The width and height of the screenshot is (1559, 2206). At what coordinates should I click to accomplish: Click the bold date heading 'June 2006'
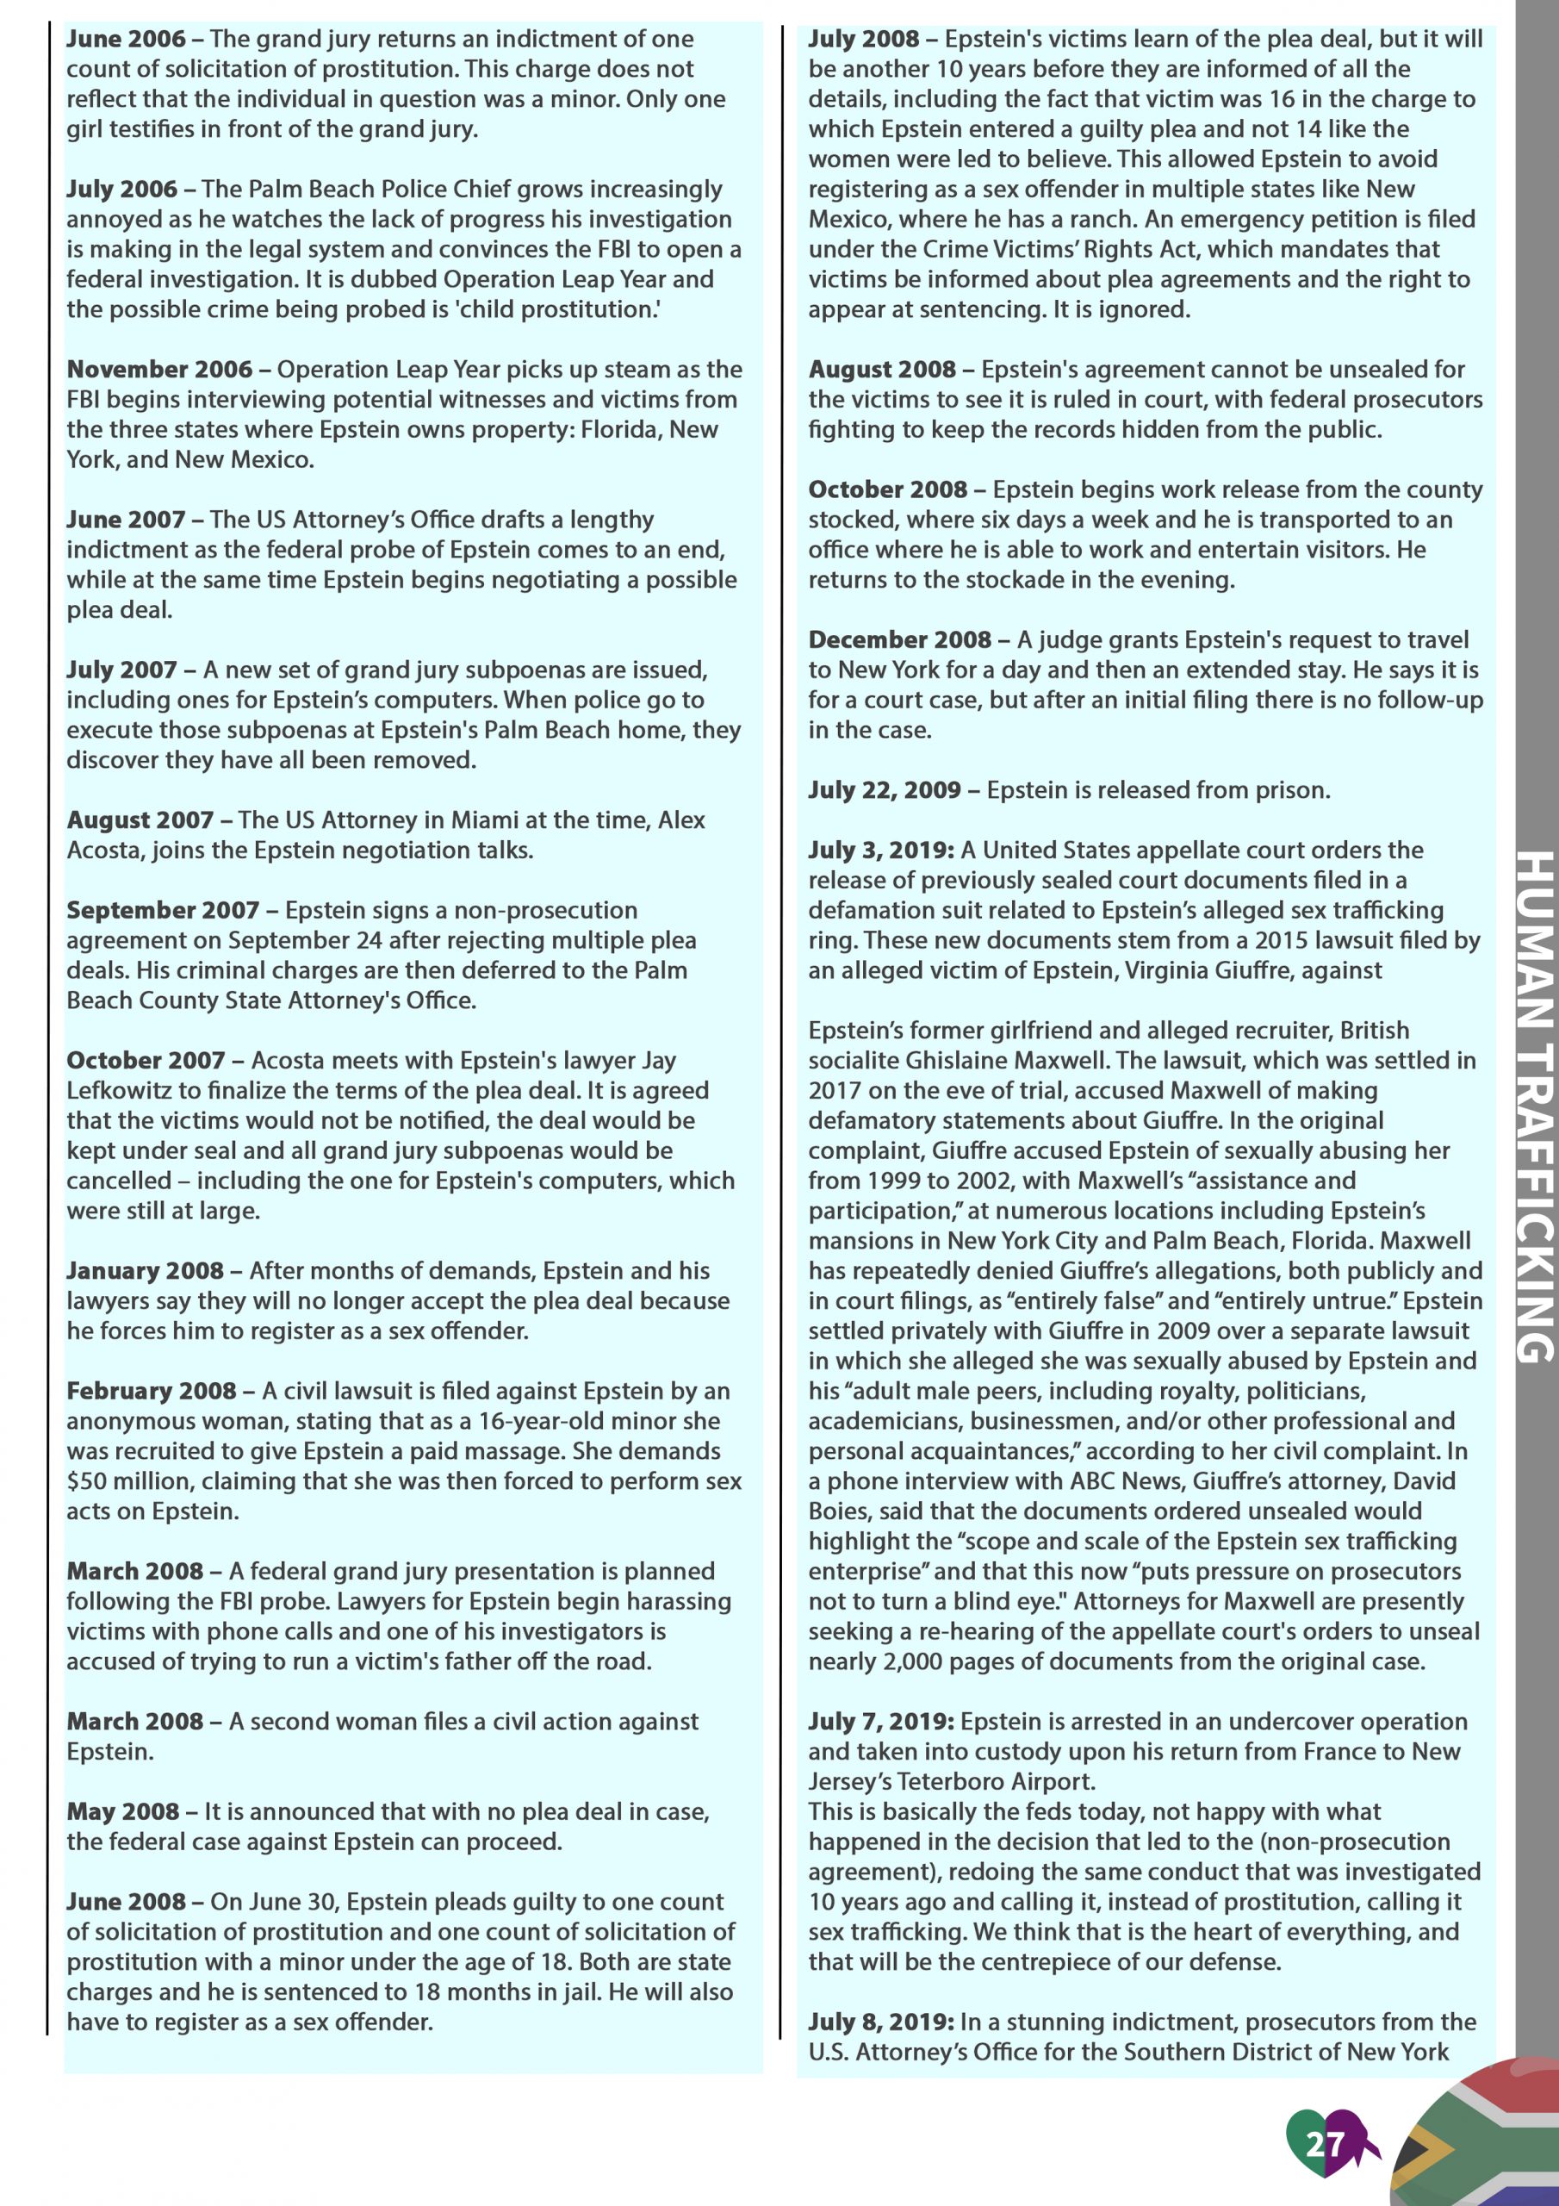pyautogui.click(x=126, y=40)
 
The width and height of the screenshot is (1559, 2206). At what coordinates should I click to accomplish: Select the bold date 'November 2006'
pyautogui.click(x=159, y=370)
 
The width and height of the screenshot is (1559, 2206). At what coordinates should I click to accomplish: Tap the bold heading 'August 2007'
pyautogui.click(x=140, y=820)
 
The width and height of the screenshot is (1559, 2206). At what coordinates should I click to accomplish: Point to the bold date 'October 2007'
pyautogui.click(x=145, y=1061)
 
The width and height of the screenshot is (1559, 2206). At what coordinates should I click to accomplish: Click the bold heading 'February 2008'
pyautogui.click(x=151, y=1391)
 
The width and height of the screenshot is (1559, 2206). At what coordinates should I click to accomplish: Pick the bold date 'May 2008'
pyautogui.click(x=122, y=1812)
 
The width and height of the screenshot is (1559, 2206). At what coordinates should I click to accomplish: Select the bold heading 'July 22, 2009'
pyautogui.click(x=884, y=791)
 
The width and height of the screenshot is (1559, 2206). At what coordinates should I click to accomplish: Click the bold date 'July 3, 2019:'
pyautogui.click(x=881, y=851)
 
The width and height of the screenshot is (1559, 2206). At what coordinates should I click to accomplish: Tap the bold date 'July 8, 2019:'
pyautogui.click(x=881, y=2022)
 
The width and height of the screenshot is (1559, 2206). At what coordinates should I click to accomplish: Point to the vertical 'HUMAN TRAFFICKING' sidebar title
pyautogui.click(x=1534, y=1105)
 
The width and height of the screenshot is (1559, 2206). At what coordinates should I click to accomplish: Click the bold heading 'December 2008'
pyautogui.click(x=899, y=640)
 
